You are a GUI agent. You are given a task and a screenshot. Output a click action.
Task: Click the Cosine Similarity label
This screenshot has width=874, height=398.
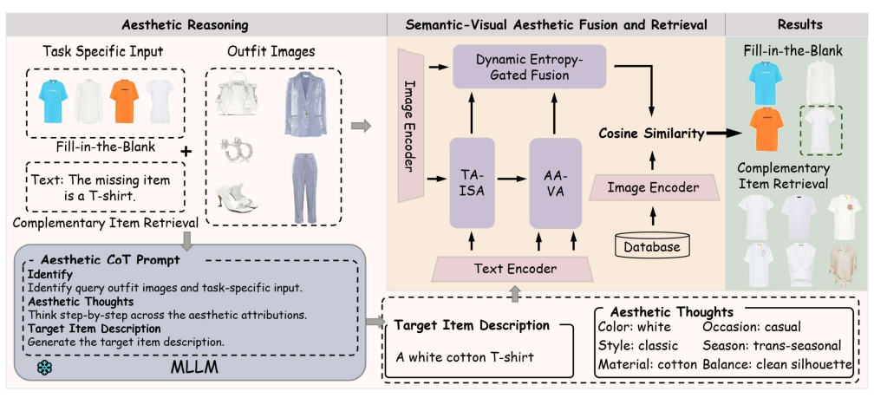pyautogui.click(x=649, y=134)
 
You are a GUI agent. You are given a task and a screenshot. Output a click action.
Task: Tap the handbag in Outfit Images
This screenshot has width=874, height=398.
pyautogui.click(x=237, y=94)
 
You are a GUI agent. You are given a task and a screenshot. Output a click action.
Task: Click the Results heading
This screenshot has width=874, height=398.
pyautogui.click(x=799, y=25)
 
